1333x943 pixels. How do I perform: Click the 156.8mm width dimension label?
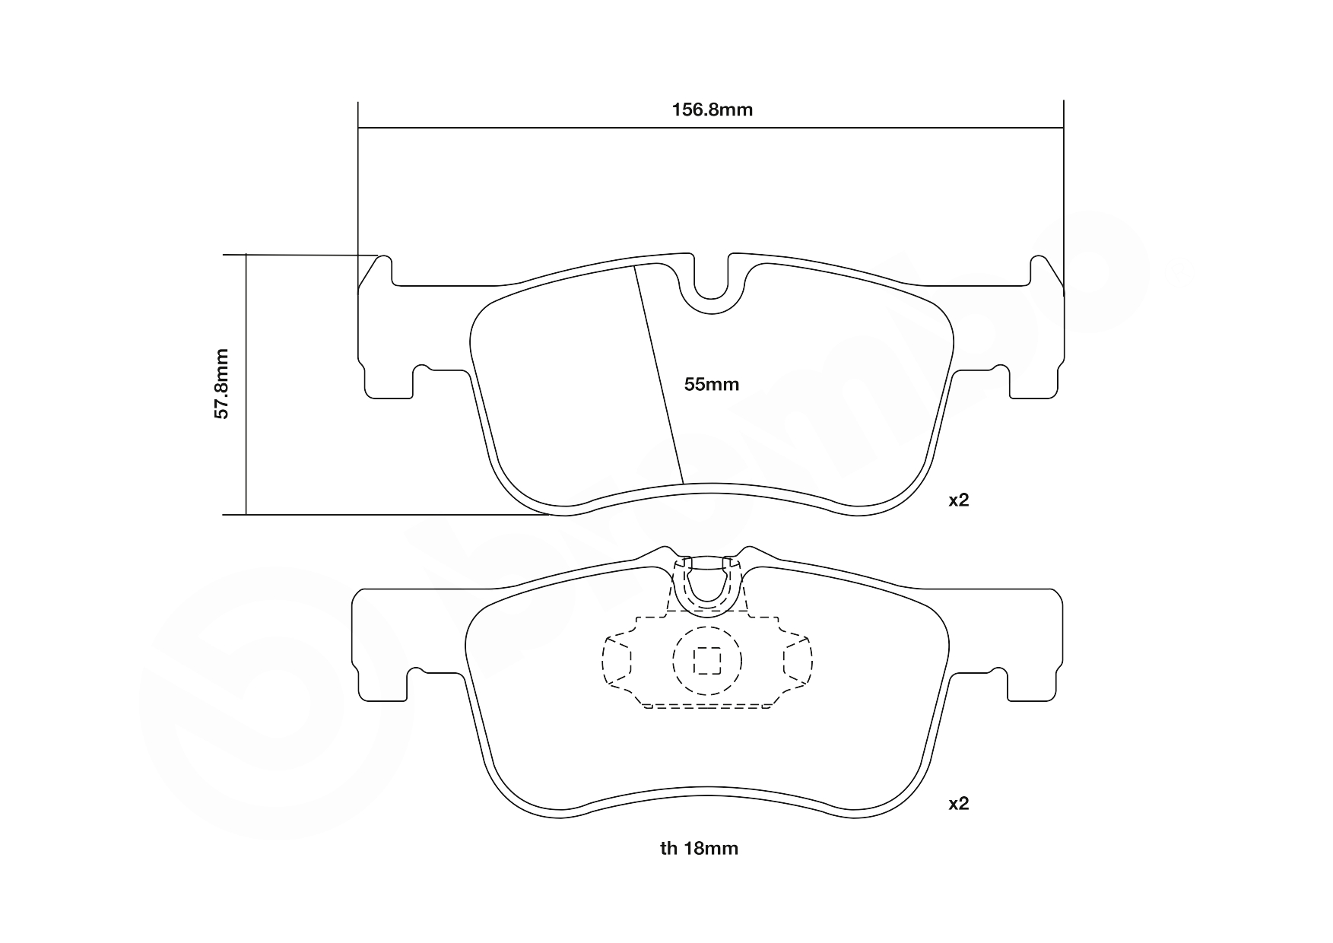[712, 110]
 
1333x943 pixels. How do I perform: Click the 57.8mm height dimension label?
[221, 384]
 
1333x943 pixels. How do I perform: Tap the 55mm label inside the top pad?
[711, 385]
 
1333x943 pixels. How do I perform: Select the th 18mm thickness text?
[699, 849]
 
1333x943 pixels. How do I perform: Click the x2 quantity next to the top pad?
[958, 500]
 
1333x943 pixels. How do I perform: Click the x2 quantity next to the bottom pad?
[958, 804]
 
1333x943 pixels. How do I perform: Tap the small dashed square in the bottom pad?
[708, 660]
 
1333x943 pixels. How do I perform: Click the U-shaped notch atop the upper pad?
[712, 289]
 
